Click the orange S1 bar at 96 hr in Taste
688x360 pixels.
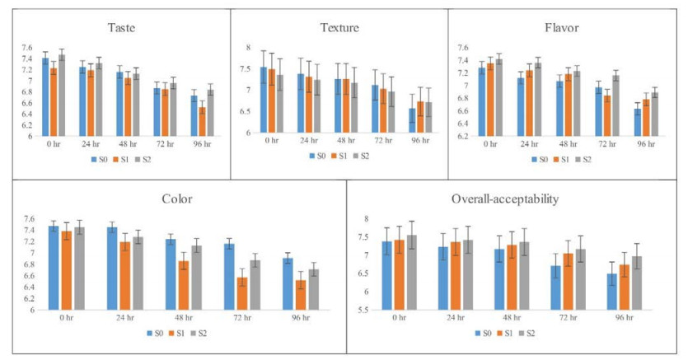pyautogui.click(x=203, y=121)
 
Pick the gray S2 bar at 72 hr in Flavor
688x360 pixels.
pyautogui.click(x=614, y=105)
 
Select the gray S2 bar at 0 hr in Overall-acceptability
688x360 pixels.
pyautogui.click(x=412, y=273)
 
